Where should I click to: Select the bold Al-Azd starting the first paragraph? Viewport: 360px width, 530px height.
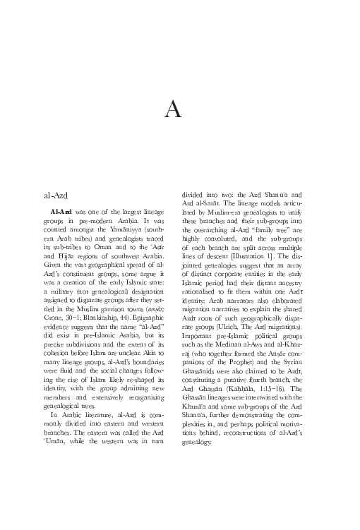[x=61, y=212]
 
